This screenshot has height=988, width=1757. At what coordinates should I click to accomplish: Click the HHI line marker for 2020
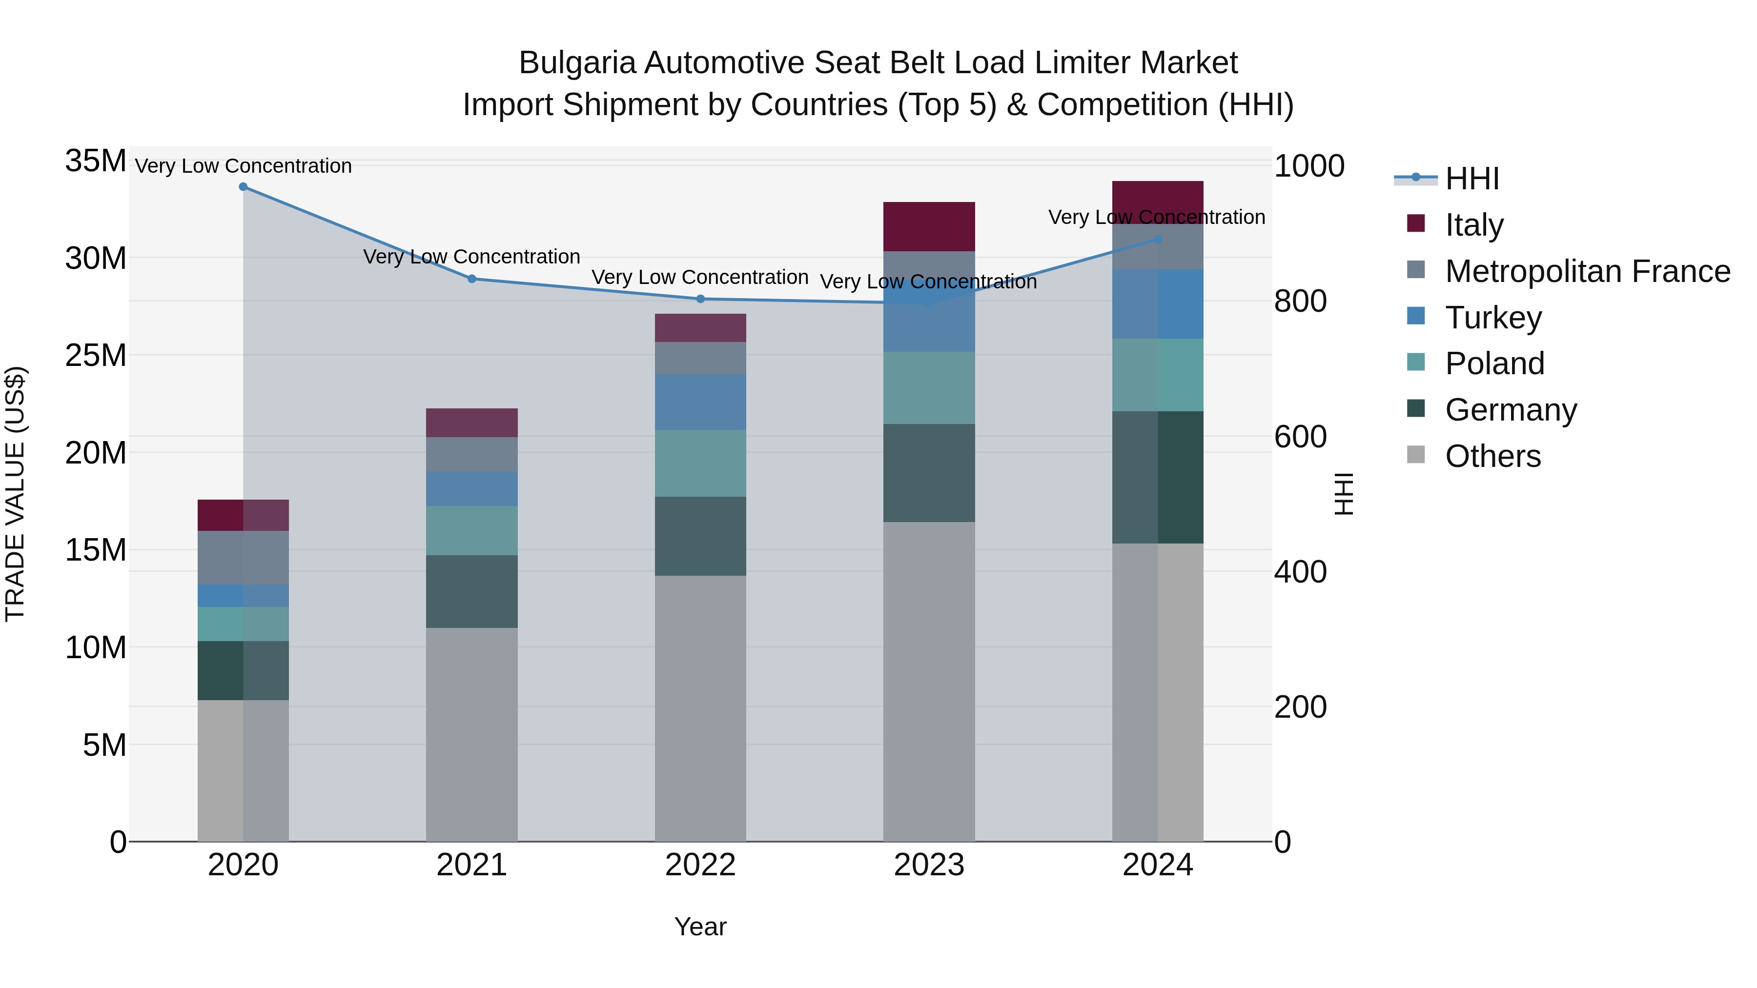click(x=243, y=187)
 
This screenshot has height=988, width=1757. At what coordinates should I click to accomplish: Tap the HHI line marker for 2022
click(x=700, y=299)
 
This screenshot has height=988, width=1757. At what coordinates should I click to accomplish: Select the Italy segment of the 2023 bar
click(x=928, y=226)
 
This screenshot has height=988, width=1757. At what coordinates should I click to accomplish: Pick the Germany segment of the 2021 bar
click(x=471, y=591)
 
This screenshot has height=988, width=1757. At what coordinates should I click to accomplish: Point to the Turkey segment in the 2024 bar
click(x=1158, y=304)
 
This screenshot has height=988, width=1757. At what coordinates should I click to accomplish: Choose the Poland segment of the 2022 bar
click(x=700, y=463)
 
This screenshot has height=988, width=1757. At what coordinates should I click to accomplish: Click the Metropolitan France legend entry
click(x=1587, y=271)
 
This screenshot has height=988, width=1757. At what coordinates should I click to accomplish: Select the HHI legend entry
click(x=1472, y=179)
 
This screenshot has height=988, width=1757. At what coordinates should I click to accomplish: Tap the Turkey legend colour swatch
click(x=1416, y=316)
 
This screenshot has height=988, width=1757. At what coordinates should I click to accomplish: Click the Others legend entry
click(x=1492, y=456)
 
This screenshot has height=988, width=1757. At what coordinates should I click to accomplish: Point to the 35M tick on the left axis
click(x=96, y=161)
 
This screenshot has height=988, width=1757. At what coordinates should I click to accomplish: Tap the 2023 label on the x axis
click(x=928, y=865)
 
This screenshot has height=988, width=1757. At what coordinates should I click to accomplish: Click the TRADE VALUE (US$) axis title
click(x=15, y=494)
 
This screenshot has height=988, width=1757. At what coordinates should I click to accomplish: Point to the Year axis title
click(x=700, y=927)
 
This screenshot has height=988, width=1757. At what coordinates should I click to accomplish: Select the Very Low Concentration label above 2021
click(x=471, y=257)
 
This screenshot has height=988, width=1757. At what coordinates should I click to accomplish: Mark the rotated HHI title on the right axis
click(x=1343, y=494)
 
